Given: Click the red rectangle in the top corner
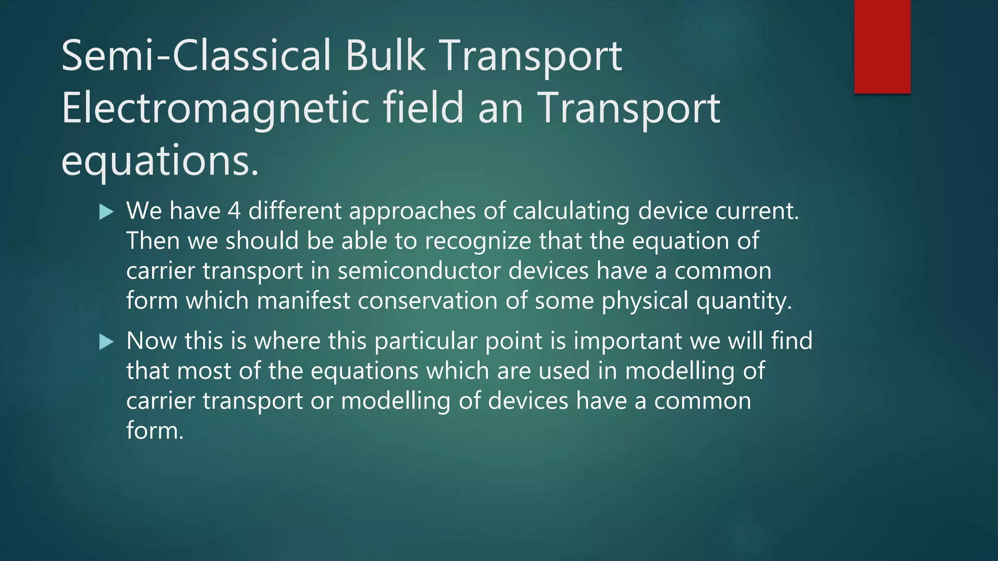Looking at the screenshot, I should [x=882, y=46].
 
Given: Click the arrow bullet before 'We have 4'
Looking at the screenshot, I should [x=106, y=212].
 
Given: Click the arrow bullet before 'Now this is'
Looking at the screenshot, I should [x=106, y=342].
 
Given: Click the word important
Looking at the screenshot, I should [x=628, y=341].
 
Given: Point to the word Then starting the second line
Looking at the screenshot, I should [x=153, y=241].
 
